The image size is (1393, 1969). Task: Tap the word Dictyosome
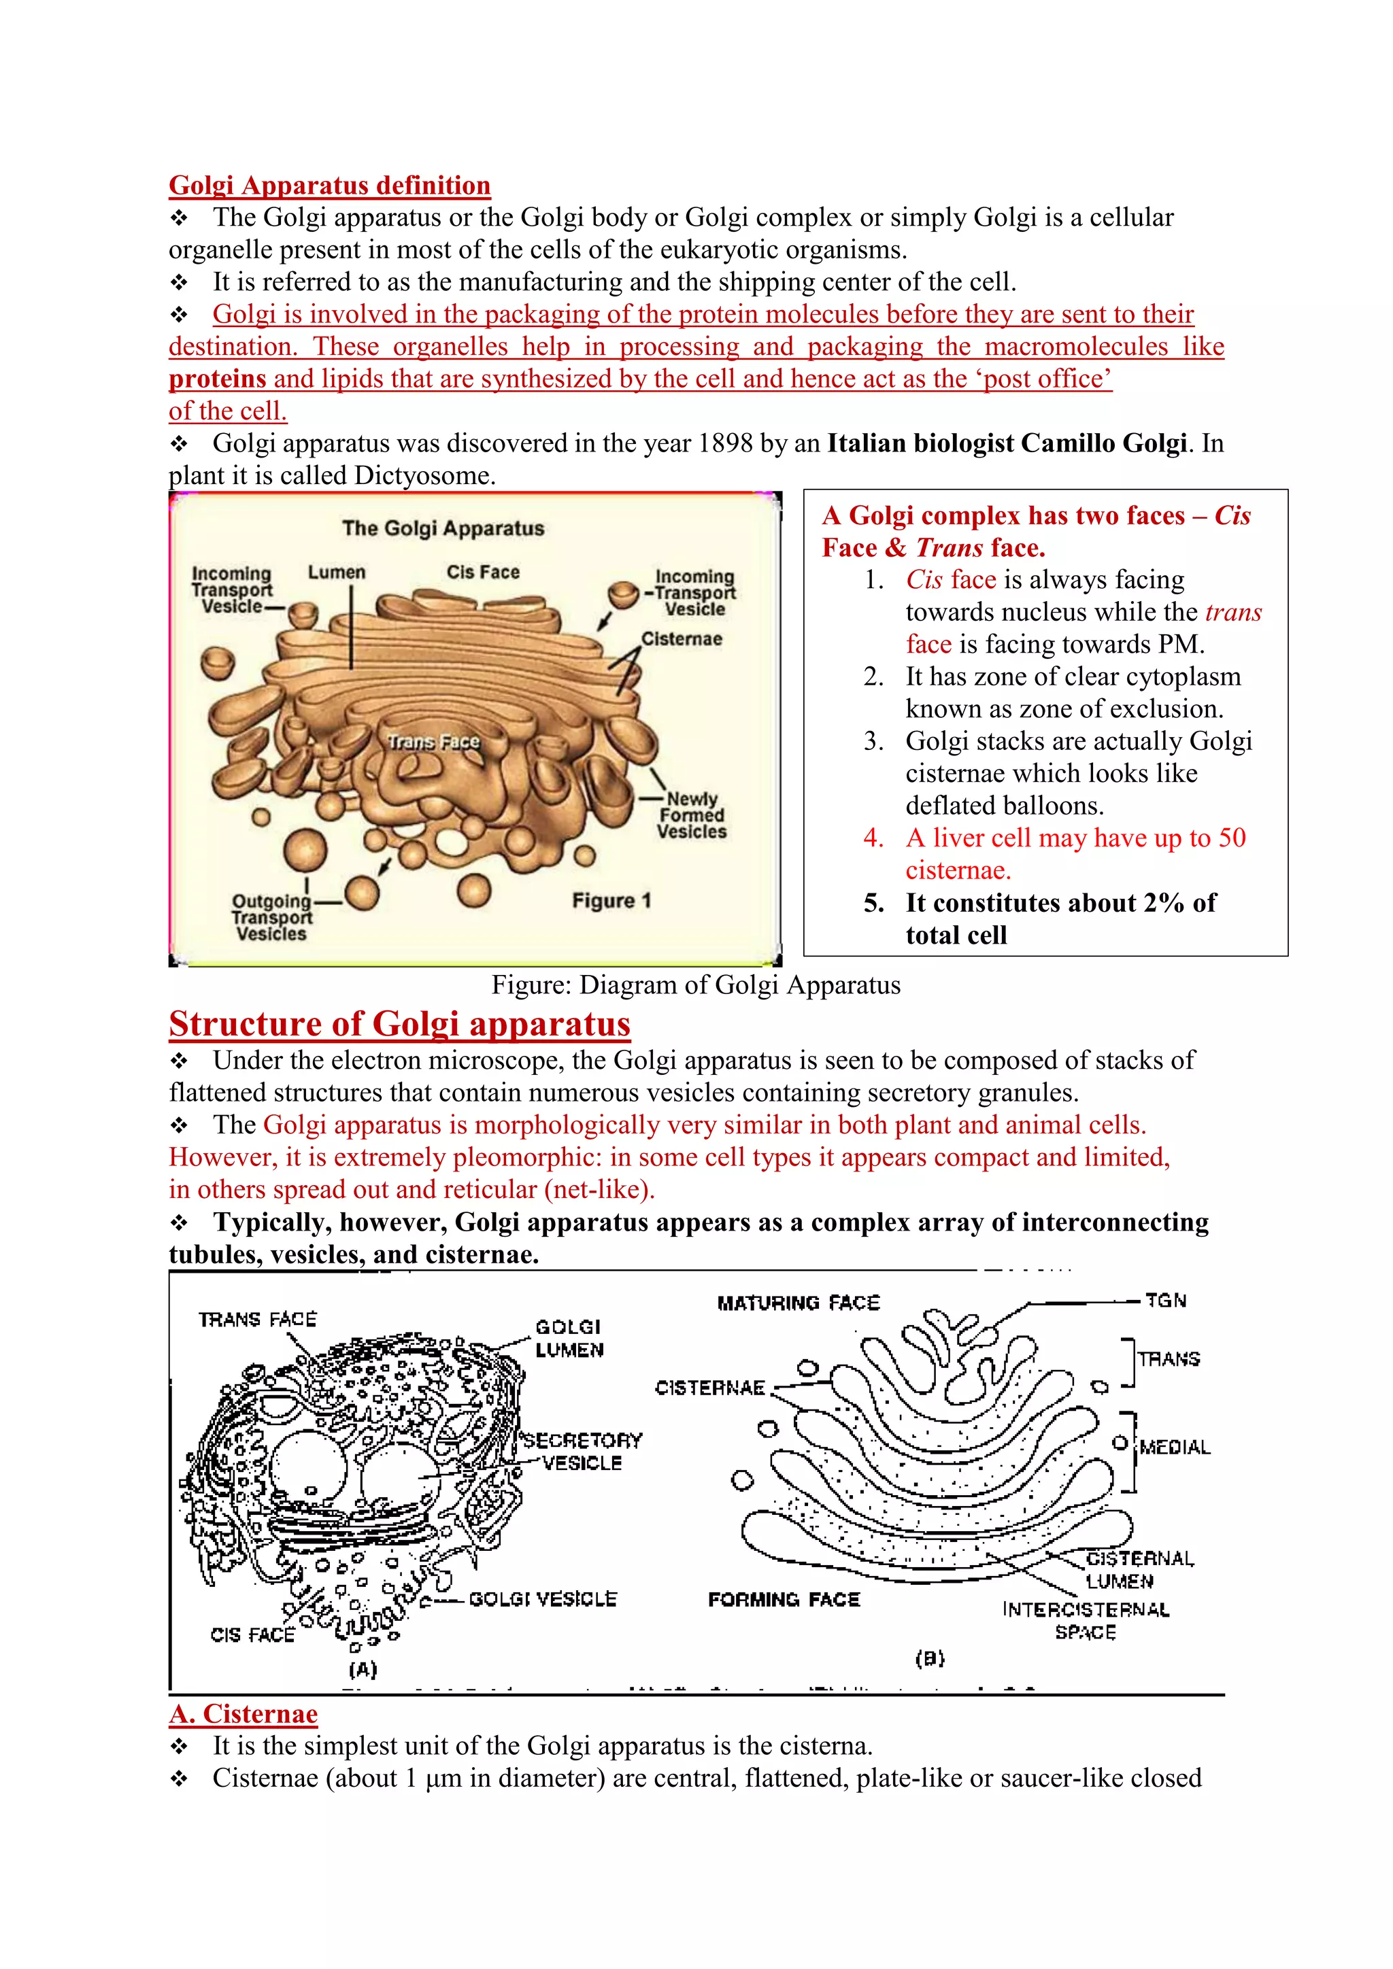pyautogui.click(x=424, y=476)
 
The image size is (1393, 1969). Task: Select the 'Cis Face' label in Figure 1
pyautogui.click(x=482, y=572)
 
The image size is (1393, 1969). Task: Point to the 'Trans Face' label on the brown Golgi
pyautogui.click(x=433, y=742)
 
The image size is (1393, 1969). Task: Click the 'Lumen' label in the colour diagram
pyautogui.click(x=336, y=572)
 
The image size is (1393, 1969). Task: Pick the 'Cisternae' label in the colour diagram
pyautogui.click(x=682, y=639)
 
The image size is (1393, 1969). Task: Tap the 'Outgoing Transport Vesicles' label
pyautogui.click(x=271, y=918)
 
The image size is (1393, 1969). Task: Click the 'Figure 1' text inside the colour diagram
pyautogui.click(x=611, y=900)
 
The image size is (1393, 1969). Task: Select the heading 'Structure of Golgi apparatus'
pyautogui.click(x=400, y=1024)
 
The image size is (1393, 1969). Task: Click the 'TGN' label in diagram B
pyautogui.click(x=1166, y=1301)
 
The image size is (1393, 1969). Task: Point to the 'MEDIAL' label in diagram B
pyautogui.click(x=1174, y=1448)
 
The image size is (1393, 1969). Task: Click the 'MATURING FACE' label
pyautogui.click(x=799, y=1303)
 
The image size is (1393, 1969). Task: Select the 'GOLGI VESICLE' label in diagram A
pyautogui.click(x=543, y=1599)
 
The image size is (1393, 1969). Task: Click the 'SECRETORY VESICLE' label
pyautogui.click(x=582, y=1451)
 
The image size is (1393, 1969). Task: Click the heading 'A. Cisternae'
pyautogui.click(x=244, y=1713)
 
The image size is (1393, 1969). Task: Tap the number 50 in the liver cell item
pyautogui.click(x=1231, y=838)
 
